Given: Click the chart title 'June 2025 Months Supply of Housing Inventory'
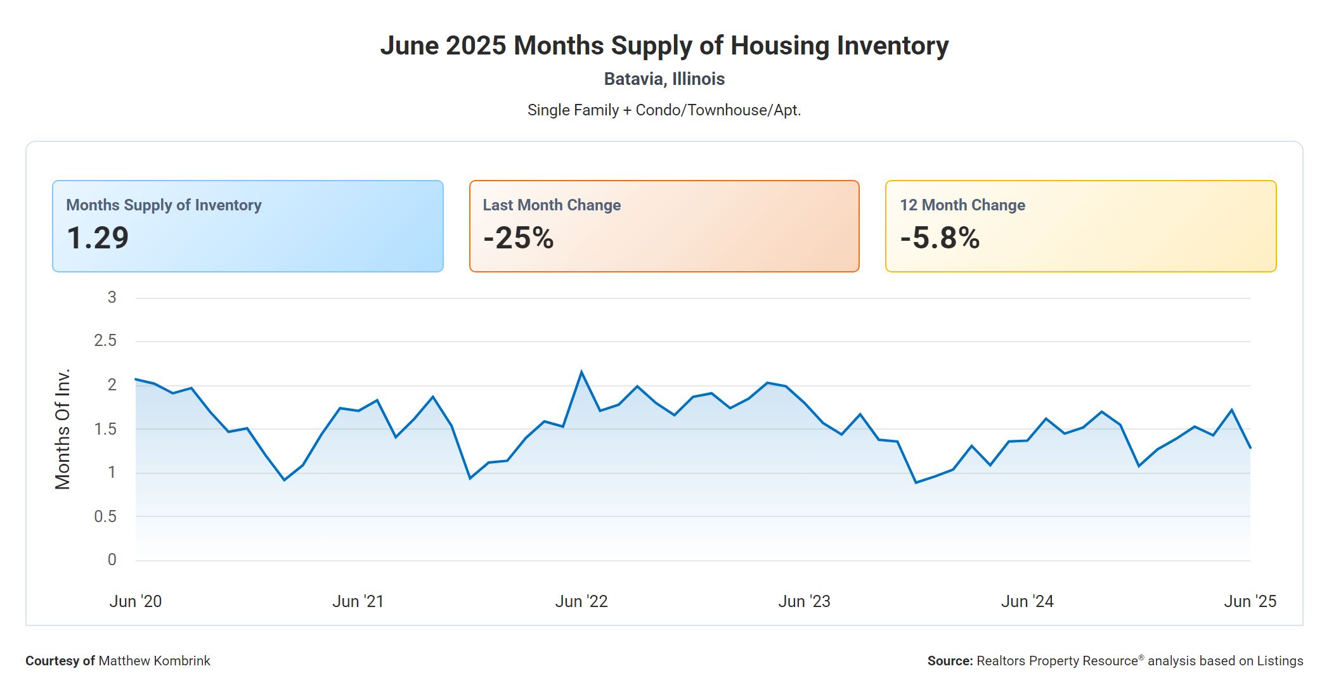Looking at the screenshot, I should click(664, 46).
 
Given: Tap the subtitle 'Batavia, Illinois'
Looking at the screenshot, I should click(664, 79).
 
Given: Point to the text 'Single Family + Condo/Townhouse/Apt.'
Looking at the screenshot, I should click(664, 110).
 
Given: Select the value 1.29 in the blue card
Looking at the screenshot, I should click(98, 238).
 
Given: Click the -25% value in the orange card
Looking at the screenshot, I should click(518, 238).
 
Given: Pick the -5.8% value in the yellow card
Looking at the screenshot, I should click(940, 238).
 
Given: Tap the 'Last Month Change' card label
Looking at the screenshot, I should click(552, 205).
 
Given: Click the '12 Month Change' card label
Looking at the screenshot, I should click(962, 205).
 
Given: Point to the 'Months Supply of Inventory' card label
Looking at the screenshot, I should click(164, 205).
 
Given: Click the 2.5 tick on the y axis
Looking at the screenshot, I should click(105, 341).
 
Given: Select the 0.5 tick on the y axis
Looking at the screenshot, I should click(105, 517).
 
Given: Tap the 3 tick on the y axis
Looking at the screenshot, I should click(112, 298).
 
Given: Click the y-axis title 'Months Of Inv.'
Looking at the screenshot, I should click(62, 429).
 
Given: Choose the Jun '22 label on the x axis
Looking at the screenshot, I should click(581, 601).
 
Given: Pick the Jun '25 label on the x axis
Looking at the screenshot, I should click(1250, 601).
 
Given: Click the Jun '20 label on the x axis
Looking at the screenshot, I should click(136, 601).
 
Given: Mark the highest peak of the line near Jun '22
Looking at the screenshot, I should click(581, 372).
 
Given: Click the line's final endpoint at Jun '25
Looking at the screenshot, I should click(1250, 448).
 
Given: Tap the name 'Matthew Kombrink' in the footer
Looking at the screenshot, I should click(154, 661).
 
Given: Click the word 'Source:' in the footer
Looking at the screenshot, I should click(950, 661).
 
